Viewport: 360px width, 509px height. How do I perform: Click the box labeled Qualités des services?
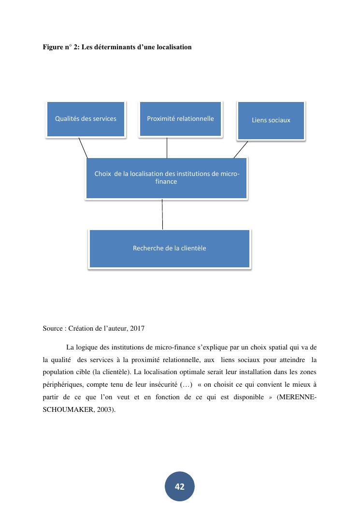click(86, 119)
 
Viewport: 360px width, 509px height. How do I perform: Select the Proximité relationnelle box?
click(180, 119)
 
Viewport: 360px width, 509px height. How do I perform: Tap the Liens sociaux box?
click(271, 120)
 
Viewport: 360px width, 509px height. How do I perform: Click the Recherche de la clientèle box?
click(170, 248)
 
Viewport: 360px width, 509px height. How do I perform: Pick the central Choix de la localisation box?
click(167, 178)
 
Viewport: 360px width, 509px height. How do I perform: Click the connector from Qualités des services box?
click(83, 148)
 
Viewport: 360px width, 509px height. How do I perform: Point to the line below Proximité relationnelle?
click(167, 147)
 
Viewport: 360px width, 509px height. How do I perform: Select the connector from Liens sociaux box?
click(241, 149)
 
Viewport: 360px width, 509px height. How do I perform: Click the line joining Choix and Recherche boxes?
click(162, 214)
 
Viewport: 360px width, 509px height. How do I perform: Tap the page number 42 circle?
click(180, 487)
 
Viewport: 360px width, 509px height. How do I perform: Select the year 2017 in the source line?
click(137, 329)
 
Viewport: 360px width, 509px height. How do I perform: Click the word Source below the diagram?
click(53, 329)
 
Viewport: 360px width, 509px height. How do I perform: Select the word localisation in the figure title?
click(173, 47)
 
